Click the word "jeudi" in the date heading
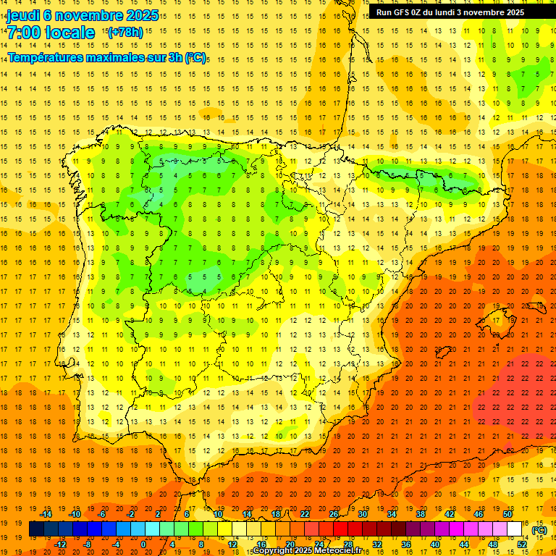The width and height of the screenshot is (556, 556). tap(24, 15)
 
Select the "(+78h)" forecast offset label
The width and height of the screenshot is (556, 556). tap(125, 33)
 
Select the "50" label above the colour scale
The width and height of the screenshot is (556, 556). tap(507, 514)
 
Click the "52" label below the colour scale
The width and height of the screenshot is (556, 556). tap(522, 544)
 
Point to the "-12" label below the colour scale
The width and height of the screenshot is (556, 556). tap(60, 544)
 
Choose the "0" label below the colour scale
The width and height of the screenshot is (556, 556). tap(143, 544)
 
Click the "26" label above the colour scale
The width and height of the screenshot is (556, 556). tap(333, 514)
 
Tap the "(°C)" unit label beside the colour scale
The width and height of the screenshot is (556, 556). tap(539, 529)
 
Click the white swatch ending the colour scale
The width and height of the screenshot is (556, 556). tap(514, 529)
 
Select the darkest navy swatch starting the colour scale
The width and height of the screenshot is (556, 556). tap(36, 529)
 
